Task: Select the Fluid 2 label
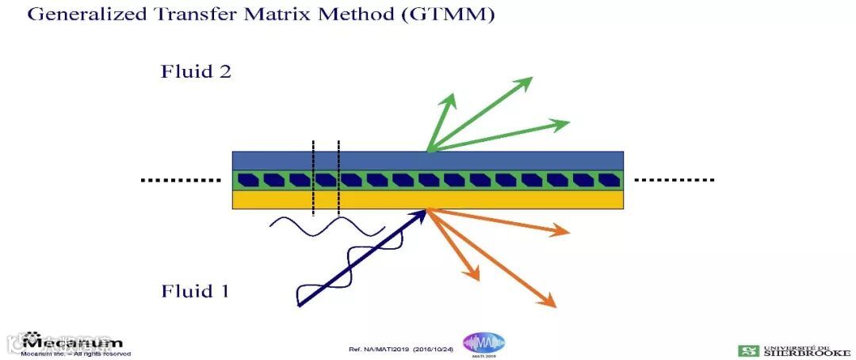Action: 196,71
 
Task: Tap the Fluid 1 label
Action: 195,291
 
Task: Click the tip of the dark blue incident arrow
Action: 425,211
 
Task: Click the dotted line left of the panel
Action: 181,181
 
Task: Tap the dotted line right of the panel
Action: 674,180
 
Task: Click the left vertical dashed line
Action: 313,178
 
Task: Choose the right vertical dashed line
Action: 338,178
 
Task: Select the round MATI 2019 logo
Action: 483,343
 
